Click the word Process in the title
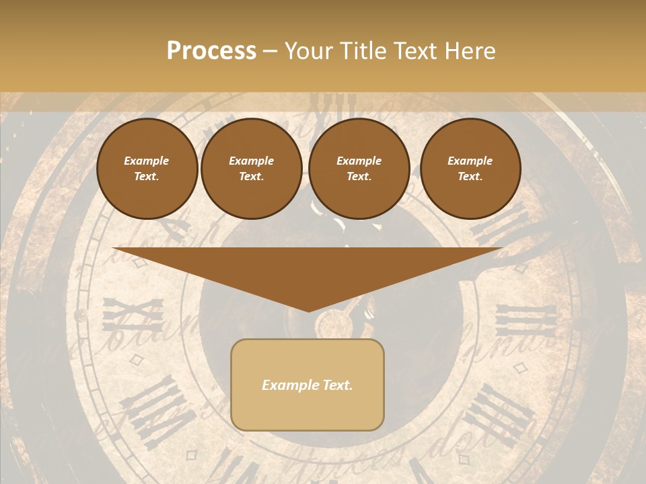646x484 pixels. pos(211,51)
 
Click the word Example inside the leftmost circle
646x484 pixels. pos(147,161)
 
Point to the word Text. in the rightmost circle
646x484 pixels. pos(470,177)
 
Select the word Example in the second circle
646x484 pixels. pos(251,161)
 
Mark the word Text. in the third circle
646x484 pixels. pos(359,177)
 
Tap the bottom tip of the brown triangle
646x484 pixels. pos(308,310)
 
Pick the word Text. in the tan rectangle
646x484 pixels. pos(337,385)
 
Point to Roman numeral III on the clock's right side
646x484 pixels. pos(527,321)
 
